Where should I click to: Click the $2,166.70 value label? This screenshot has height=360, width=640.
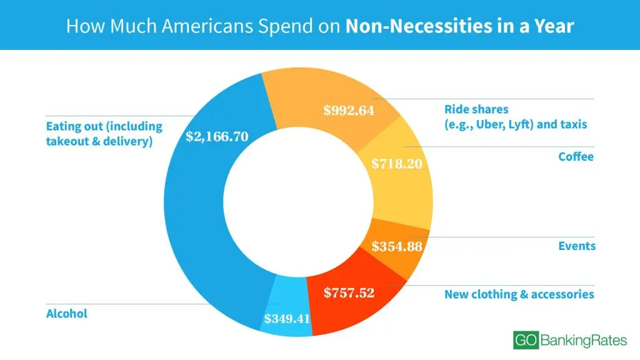click(x=217, y=137)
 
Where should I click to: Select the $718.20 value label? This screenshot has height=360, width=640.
click(x=396, y=164)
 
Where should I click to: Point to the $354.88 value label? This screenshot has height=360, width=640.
click(x=397, y=246)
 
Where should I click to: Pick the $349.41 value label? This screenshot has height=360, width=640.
click(x=287, y=319)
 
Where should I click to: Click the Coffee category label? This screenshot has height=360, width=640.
click(x=576, y=157)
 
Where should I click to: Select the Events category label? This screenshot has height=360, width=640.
click(x=577, y=246)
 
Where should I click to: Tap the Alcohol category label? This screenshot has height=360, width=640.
click(x=67, y=314)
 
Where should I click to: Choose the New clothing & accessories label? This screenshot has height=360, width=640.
click(x=519, y=294)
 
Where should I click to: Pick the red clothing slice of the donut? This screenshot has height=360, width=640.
click(x=337, y=312)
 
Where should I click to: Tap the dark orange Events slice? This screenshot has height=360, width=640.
click(x=409, y=266)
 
